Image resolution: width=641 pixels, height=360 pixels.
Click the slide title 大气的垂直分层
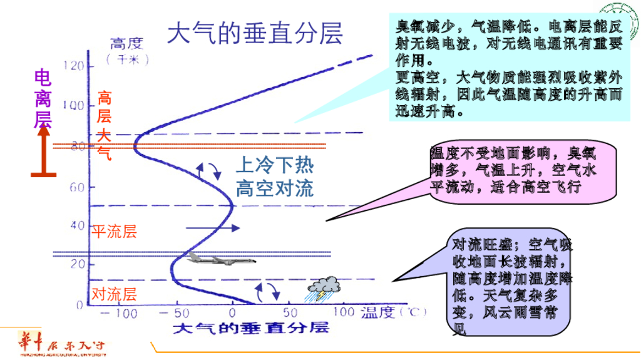tap(255, 34)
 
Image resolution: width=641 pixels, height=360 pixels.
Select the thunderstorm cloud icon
tap(324, 288)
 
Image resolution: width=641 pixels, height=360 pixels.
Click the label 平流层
tap(114, 232)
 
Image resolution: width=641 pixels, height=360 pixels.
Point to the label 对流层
tap(114, 293)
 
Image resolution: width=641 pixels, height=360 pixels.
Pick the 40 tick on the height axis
tap(77, 225)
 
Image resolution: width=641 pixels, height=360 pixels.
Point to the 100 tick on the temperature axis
tap(343, 311)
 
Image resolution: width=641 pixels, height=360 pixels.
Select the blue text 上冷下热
tap(274, 165)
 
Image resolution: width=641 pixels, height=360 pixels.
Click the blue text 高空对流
tap(274, 188)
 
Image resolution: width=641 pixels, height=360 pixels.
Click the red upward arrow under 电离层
tap(43, 150)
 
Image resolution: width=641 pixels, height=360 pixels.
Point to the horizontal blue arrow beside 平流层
tap(213, 229)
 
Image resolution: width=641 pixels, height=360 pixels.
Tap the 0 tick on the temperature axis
tap(232, 312)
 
